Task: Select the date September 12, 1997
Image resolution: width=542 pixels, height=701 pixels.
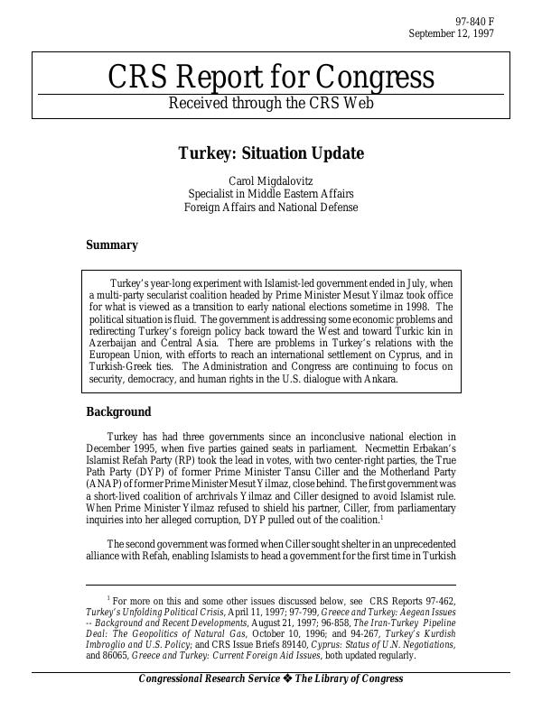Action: (x=451, y=34)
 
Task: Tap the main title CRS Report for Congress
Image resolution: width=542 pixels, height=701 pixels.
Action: (x=271, y=78)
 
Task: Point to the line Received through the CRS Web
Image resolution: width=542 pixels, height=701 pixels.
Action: (x=271, y=103)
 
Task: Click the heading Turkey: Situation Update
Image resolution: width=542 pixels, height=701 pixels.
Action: (x=271, y=153)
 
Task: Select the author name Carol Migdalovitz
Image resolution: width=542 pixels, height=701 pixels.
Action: (x=271, y=180)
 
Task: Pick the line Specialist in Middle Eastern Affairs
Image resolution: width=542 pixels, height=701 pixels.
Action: (x=271, y=194)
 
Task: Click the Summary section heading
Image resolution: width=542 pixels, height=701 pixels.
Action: (x=112, y=244)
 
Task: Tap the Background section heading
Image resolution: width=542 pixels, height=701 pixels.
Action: (x=118, y=412)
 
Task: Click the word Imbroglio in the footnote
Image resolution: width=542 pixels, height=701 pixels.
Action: (x=113, y=645)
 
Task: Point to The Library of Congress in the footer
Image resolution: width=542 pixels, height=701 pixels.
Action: (x=350, y=679)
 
